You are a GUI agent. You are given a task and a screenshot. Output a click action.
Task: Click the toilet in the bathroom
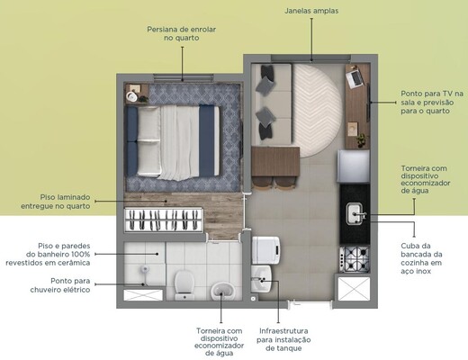point(184,282)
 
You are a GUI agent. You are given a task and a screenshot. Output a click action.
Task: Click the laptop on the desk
point(354,78)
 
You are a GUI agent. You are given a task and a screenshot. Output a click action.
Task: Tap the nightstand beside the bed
point(137,94)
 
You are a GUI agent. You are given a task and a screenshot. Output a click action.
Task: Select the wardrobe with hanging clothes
point(163,220)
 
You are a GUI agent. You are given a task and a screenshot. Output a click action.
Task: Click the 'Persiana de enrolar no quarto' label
point(183,33)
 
